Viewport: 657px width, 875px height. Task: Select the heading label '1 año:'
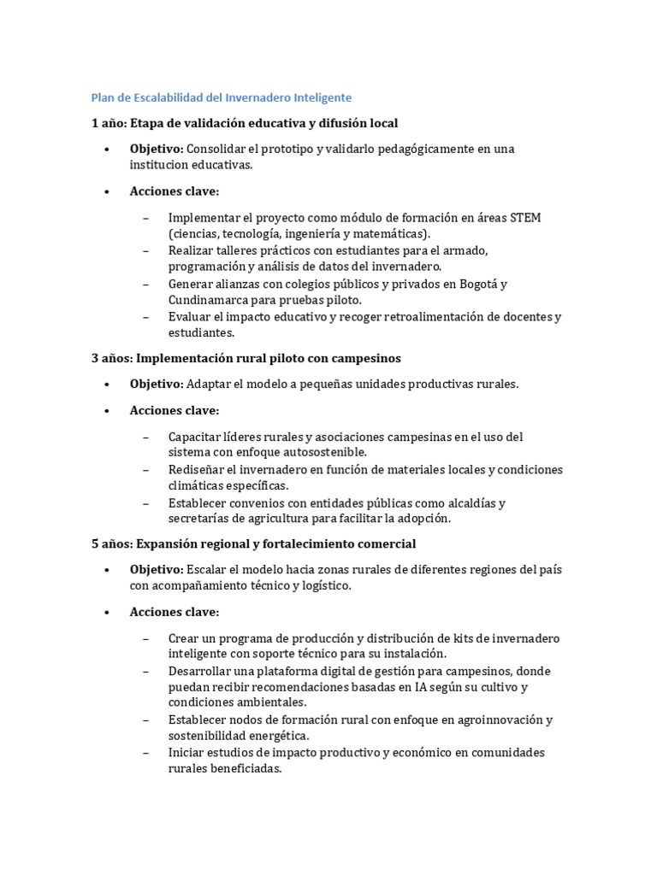click(109, 123)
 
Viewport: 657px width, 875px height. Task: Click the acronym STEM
click(525, 218)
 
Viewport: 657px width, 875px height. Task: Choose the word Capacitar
click(195, 437)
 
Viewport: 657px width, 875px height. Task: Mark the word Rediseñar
click(195, 470)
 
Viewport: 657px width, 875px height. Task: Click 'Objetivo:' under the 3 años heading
click(157, 385)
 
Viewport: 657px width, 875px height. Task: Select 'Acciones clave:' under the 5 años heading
click(175, 612)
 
